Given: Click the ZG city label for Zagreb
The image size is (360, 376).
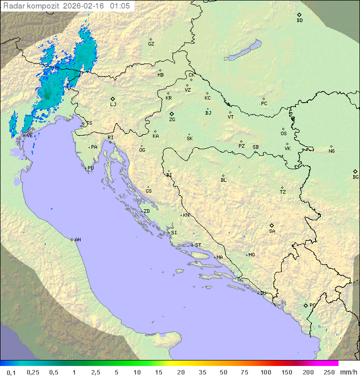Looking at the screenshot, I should point(172,120).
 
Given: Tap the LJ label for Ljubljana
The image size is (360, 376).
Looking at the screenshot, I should point(113,105).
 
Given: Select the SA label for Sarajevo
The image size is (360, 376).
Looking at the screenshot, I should point(272,231).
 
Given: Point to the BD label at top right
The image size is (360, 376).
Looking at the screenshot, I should point(299,21).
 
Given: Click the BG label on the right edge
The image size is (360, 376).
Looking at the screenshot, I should point(355,177).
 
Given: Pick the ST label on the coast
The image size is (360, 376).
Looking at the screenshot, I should point(198,245).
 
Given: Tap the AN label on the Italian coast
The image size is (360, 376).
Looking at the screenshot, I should point(77,240).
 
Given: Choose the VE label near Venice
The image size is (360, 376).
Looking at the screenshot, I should point(29,136).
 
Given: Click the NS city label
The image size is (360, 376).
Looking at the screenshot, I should point(331,151).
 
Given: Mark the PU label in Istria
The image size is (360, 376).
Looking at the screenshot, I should point(90,168).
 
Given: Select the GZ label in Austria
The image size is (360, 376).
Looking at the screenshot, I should point(151,44).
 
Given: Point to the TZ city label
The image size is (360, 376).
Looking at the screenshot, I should point(283,192).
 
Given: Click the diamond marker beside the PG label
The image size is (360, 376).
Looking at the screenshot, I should point(305,305).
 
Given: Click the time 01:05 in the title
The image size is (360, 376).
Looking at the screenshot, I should point(120,6).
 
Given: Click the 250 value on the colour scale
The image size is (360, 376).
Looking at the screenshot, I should point(329,372).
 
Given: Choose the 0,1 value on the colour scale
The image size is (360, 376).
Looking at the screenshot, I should point(11,372).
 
